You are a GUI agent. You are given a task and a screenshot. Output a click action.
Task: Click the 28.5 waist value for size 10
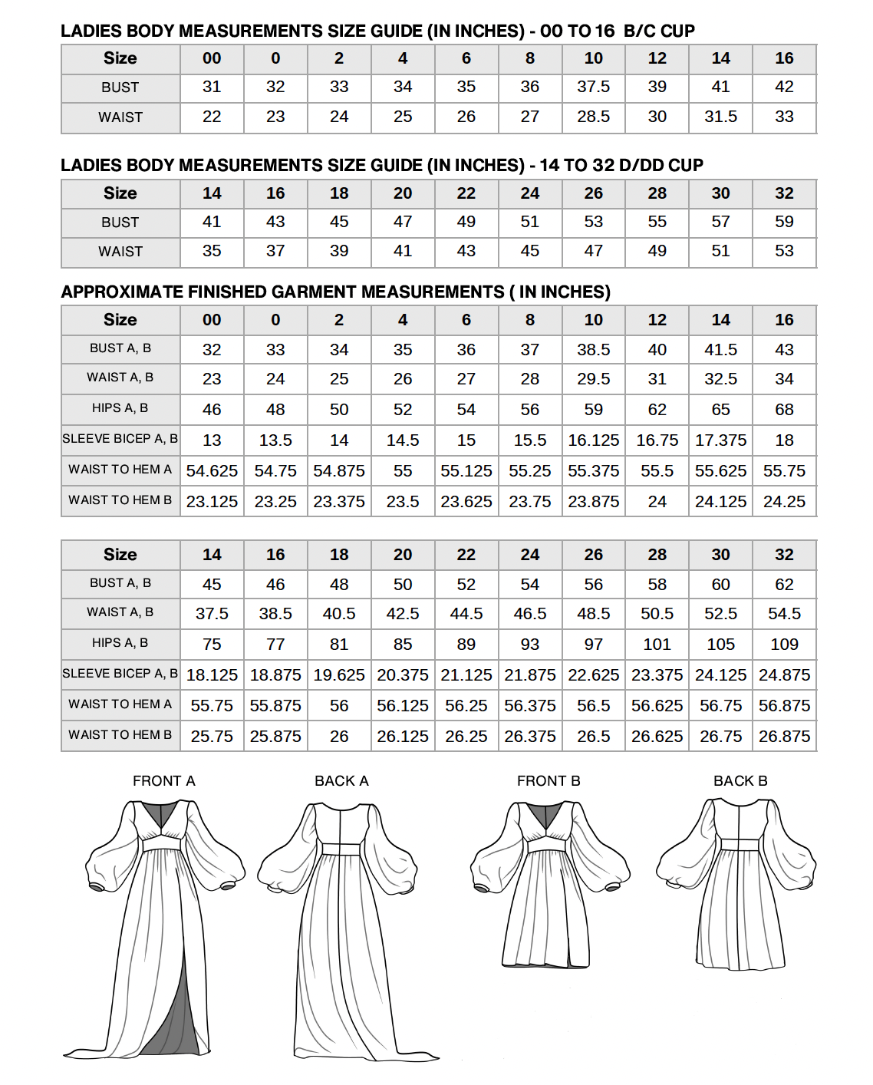[x=593, y=117]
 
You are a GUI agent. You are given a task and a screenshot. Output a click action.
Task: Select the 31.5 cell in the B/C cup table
[x=720, y=117]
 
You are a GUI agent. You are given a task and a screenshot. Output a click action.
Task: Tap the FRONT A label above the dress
[x=163, y=780]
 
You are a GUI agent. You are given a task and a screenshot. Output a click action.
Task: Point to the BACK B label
[x=740, y=780]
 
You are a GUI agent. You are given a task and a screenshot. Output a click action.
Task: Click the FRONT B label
[x=549, y=780]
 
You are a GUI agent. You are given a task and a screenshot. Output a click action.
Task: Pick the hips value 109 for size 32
[x=784, y=645]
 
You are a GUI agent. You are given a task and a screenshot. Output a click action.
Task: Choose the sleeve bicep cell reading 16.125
[x=593, y=440]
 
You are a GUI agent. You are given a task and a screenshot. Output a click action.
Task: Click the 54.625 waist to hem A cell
[x=212, y=471]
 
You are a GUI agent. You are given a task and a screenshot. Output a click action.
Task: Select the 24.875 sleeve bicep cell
[x=784, y=675]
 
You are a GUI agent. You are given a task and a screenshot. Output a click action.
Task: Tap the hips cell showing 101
[x=657, y=645]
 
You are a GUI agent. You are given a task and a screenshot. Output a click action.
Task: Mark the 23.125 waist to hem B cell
[x=212, y=502]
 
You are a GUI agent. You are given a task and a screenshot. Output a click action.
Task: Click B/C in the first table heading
[x=639, y=31]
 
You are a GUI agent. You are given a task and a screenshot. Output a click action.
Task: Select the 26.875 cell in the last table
[x=784, y=737]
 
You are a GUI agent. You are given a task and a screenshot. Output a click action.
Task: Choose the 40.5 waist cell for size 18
[x=339, y=614]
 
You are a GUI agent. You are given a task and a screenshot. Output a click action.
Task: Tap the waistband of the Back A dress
[x=341, y=849]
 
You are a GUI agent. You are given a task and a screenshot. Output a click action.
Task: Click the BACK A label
[x=341, y=780]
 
